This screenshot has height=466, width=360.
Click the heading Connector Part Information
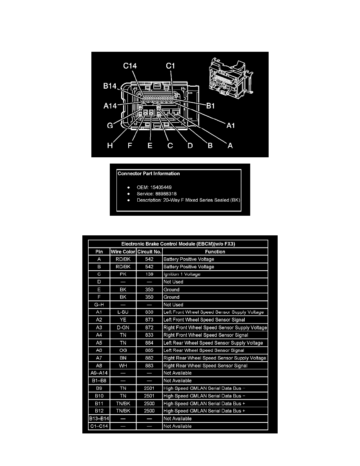(149, 173)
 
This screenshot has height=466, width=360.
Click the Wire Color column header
(123, 252)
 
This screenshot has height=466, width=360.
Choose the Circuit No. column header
(149, 252)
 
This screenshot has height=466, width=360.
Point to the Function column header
(215, 252)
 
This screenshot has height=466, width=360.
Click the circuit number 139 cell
(149, 274)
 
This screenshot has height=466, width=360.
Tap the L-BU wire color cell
(123, 312)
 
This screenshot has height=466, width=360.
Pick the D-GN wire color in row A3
(123, 328)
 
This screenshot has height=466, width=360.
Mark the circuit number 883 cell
(149, 366)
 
